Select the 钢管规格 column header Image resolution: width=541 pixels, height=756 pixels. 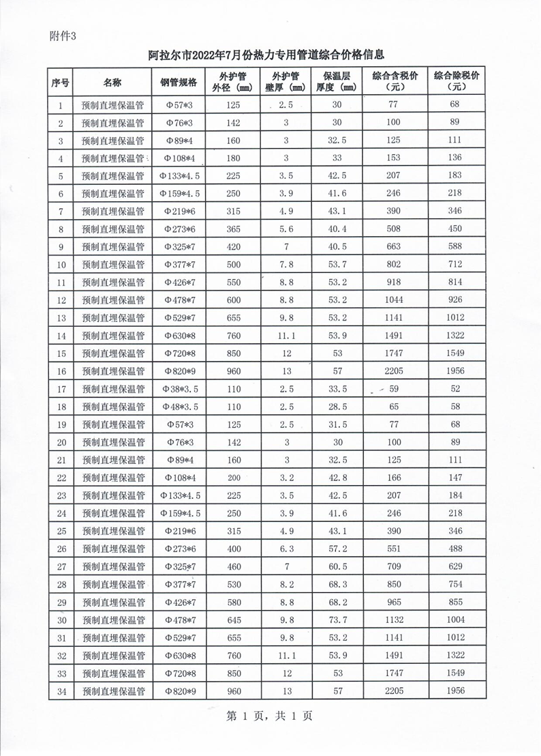(179, 83)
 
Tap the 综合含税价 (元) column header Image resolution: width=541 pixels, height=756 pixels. (395, 82)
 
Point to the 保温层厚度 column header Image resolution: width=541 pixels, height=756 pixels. (337, 82)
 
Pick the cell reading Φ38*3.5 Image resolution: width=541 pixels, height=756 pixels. (179, 389)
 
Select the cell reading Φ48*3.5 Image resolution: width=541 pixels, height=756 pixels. (179, 407)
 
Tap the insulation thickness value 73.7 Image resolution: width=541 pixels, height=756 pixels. (337, 620)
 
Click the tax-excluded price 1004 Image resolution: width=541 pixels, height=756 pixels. (456, 620)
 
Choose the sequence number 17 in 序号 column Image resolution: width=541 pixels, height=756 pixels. (61, 389)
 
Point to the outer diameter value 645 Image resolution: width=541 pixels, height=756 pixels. (234, 620)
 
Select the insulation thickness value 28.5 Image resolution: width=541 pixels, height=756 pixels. (337, 407)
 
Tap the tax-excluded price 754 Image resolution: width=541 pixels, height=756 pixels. (456, 584)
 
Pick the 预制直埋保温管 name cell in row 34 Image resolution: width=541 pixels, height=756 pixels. (113, 690)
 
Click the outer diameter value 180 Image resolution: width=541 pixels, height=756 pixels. (234, 158)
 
